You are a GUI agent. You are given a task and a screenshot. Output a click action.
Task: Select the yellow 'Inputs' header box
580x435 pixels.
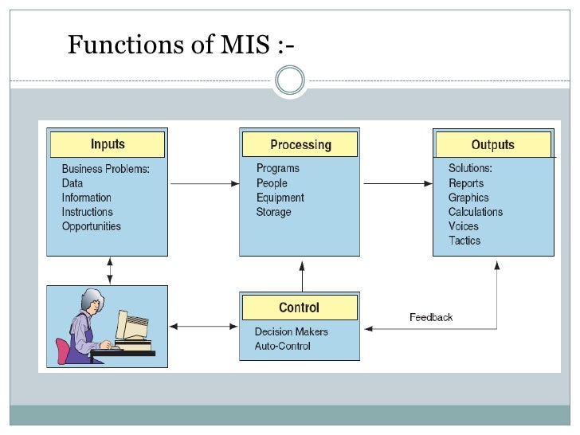108,145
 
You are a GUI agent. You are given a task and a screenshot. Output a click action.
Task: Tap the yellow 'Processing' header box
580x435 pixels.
300,145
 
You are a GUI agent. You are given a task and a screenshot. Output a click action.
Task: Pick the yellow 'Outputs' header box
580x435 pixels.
492,145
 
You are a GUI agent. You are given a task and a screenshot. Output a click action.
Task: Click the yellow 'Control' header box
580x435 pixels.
299,308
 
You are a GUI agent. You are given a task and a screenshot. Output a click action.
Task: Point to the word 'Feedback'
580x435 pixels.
430,317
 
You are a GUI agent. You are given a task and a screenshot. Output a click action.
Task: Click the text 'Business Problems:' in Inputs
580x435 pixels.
106,169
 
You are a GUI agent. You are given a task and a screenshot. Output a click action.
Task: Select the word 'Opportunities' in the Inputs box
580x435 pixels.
92,226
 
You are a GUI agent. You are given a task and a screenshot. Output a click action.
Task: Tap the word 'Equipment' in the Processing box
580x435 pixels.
280,198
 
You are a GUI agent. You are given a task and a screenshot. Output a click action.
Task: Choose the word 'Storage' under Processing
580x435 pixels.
273,212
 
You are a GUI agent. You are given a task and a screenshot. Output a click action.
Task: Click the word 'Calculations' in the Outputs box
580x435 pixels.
476,212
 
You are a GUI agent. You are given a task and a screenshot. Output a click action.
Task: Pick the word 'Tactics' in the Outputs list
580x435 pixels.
464,241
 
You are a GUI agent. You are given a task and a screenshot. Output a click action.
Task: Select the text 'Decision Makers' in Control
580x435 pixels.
291,331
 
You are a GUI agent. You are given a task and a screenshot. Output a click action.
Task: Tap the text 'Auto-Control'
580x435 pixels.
282,346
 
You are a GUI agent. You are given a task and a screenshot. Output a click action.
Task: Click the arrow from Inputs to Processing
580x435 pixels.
205,184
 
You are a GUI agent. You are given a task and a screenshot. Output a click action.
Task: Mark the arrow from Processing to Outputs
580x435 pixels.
396,184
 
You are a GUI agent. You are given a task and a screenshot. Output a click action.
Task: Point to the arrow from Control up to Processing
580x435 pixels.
301,275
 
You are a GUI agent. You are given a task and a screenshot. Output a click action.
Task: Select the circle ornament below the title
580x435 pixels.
289,80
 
